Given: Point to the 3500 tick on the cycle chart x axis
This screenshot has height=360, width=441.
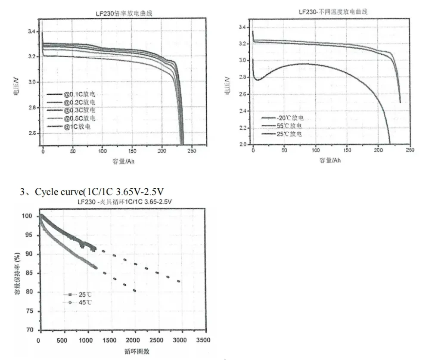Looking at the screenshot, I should (x=203, y=340).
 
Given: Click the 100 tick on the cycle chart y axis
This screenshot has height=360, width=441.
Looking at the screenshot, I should (x=28, y=216).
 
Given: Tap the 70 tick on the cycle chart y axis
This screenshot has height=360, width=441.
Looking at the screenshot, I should (x=29, y=330).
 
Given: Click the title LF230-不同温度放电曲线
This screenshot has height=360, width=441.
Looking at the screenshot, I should (x=333, y=12).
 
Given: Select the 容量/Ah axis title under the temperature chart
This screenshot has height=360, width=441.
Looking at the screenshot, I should (x=330, y=160).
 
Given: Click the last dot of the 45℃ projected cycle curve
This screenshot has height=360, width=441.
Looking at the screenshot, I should (x=135, y=291).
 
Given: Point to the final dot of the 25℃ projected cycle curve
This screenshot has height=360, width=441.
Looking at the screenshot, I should (x=178, y=282).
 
